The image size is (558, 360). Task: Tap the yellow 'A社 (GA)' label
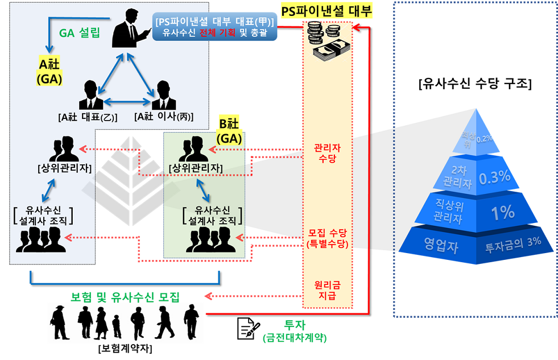pyautogui.click(x=50, y=71)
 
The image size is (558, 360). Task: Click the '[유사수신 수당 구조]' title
pyautogui.click(x=474, y=85)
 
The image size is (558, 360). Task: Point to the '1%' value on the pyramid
pyautogui.click(x=503, y=213)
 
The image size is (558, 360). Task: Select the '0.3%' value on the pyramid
pyautogui.click(x=494, y=178)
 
